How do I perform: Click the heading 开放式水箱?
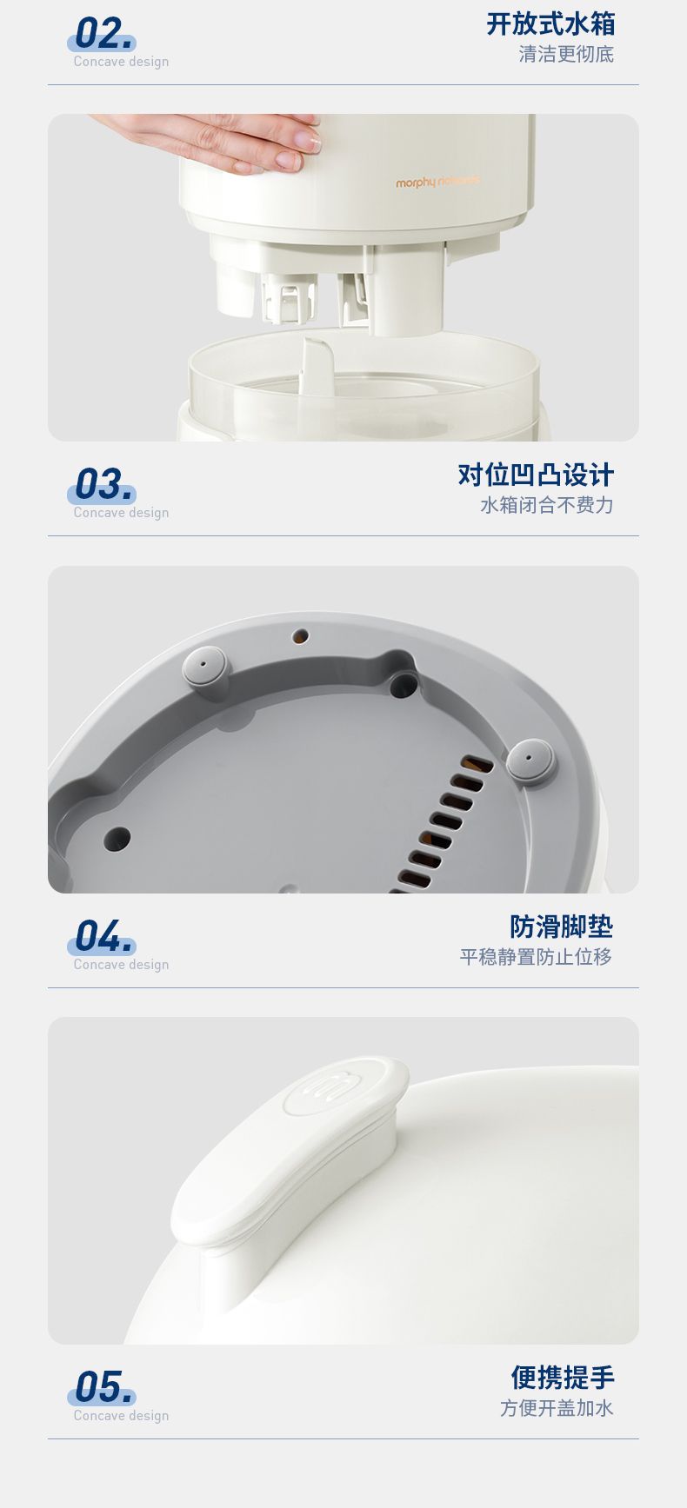click(550, 23)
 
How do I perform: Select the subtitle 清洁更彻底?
click(566, 55)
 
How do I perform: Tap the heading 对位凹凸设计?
click(536, 475)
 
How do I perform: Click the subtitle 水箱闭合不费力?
click(547, 505)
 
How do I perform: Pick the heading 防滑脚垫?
click(562, 927)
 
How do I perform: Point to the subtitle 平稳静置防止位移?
click(537, 957)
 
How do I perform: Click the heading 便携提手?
click(563, 1378)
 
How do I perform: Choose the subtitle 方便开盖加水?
click(557, 1408)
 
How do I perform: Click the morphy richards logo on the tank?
click(437, 182)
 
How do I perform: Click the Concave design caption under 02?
click(121, 62)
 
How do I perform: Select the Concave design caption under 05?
click(121, 1416)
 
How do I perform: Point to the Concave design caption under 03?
click(121, 513)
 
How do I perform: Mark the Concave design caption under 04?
click(121, 965)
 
